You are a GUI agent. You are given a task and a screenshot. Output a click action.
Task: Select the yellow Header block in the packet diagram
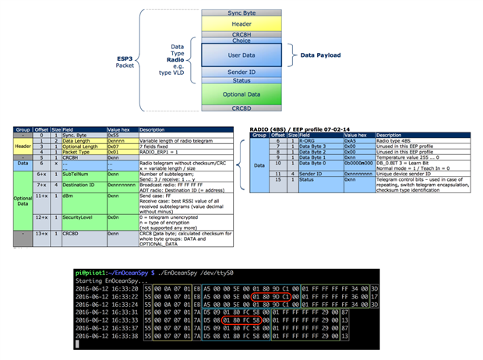[x=246, y=25]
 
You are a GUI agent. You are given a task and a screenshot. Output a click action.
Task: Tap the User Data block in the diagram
[x=246, y=56]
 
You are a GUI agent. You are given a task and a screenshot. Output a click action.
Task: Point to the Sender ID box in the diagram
[x=246, y=72]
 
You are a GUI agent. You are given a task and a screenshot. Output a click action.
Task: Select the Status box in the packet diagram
[x=246, y=80]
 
